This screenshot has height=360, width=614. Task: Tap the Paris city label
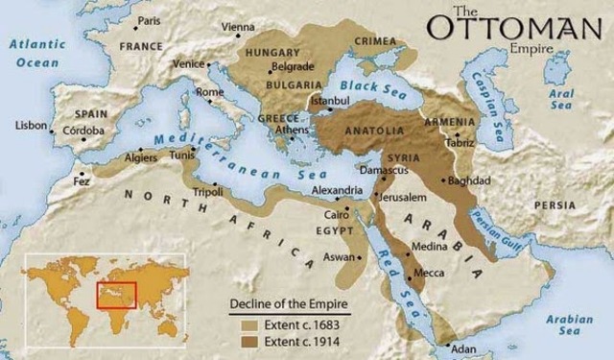click(x=149, y=20)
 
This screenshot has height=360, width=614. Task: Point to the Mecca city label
click(x=429, y=274)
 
